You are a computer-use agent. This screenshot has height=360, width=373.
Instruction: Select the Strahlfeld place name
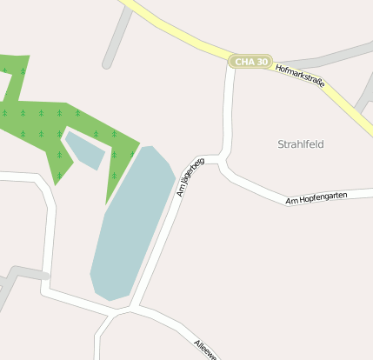300,143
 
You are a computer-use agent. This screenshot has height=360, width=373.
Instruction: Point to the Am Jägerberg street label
190,176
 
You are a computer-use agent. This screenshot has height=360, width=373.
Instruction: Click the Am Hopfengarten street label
316,198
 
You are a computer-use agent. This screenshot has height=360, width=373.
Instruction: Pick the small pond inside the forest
85,150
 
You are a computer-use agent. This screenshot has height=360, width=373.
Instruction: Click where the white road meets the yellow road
230,63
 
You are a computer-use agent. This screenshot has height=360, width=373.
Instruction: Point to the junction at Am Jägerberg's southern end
132,307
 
